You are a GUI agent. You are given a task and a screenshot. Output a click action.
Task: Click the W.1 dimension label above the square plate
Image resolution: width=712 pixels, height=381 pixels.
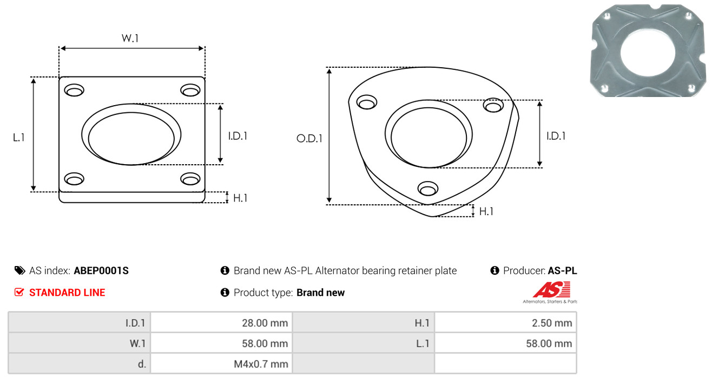(x=130, y=38)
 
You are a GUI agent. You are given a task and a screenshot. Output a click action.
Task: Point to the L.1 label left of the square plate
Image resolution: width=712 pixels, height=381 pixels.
(x=19, y=138)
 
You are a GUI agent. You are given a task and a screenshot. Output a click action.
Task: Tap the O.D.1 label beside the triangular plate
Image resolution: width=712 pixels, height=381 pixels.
(x=309, y=138)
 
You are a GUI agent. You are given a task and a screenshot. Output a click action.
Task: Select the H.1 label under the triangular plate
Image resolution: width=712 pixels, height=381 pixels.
(x=486, y=211)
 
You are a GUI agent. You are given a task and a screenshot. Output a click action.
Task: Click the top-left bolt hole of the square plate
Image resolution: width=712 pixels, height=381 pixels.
(x=74, y=91)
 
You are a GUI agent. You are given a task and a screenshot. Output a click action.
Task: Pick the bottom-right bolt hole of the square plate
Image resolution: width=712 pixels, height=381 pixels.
(x=190, y=179)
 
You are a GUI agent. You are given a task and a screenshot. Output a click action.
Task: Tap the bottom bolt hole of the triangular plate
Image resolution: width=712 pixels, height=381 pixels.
(x=428, y=189)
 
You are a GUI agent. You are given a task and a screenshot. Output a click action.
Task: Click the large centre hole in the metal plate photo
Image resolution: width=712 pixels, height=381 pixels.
(x=648, y=53)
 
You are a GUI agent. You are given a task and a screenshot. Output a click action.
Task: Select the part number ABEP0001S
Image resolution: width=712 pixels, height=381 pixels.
(x=101, y=270)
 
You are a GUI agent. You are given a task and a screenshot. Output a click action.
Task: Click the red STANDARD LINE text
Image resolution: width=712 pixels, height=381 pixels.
(x=67, y=293)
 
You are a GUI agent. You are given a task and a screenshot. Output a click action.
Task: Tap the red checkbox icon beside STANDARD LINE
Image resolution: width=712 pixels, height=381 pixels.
(x=19, y=292)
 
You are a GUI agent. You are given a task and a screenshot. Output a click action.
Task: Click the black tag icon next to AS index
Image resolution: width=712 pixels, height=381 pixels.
(x=19, y=270)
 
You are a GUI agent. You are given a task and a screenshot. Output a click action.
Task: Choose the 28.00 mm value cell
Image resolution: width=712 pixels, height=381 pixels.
(x=221, y=323)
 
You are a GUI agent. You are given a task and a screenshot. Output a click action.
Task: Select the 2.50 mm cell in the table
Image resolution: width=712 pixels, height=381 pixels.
(x=505, y=323)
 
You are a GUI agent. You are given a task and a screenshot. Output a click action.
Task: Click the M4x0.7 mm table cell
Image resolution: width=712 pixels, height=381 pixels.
(x=221, y=364)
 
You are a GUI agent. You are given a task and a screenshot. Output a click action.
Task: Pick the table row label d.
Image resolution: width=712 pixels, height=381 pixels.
(x=142, y=364)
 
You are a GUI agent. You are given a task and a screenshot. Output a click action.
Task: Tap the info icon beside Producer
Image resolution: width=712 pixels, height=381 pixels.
(x=495, y=270)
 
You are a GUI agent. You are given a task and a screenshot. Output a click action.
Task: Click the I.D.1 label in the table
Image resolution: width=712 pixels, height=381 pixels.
(x=135, y=323)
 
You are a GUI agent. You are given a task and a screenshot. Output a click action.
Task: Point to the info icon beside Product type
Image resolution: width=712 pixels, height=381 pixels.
(x=225, y=292)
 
